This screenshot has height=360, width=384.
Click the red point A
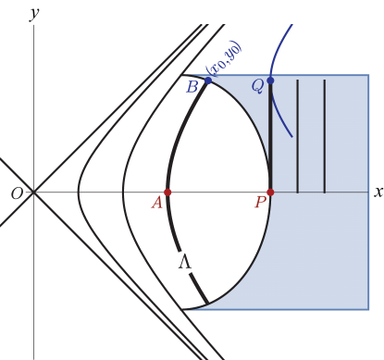[167, 192]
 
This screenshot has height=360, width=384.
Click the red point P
[270, 192]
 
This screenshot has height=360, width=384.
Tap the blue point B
[208, 81]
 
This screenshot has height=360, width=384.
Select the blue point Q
[270, 81]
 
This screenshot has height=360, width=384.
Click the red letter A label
[157, 203]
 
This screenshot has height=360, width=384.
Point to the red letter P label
[260, 203]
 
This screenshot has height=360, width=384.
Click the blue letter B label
[192, 88]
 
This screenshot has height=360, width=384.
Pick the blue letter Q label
[257, 86]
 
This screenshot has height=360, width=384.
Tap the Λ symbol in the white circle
[184, 263]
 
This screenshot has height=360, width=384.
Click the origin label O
[18, 193]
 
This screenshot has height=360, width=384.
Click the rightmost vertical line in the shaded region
[325, 137]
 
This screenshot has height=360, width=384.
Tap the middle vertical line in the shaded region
[297, 137]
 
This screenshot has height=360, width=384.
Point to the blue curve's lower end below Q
[292, 137]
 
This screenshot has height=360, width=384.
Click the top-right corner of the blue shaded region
[368, 75]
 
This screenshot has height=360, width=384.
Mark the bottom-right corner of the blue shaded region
[368, 309]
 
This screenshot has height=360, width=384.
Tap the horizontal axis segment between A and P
[218, 192]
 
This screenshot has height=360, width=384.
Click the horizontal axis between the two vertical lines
[311, 192]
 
